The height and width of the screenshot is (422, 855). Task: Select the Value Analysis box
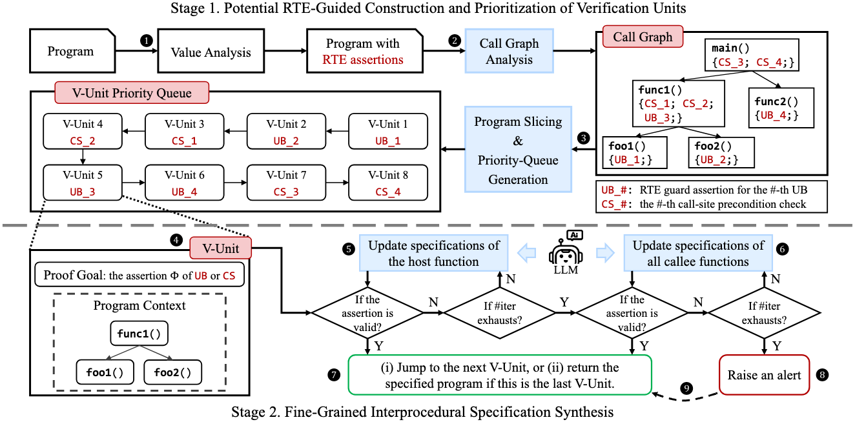pyautogui.click(x=210, y=52)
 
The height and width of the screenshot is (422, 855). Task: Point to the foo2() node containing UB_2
pyautogui.click(x=716, y=152)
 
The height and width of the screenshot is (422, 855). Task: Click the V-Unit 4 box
pyautogui.click(x=82, y=132)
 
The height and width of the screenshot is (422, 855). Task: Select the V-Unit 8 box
pyautogui.click(x=388, y=183)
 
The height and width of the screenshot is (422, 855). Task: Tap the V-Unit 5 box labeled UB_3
pyautogui.click(x=82, y=183)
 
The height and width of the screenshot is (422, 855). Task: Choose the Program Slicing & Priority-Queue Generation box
pyautogui.click(x=517, y=150)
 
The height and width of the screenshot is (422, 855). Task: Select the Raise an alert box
pyautogui.click(x=764, y=376)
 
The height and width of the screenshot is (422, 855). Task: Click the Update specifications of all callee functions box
pyautogui.click(x=698, y=253)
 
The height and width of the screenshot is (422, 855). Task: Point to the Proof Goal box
pyautogui.click(x=139, y=276)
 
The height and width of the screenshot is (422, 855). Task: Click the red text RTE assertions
pyautogui.click(x=363, y=60)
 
